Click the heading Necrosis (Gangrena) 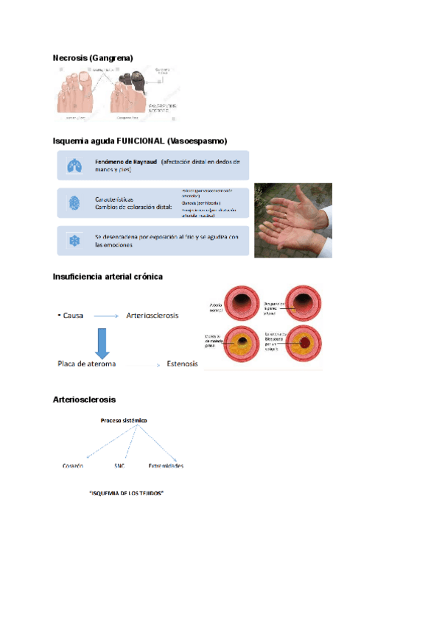click(93, 57)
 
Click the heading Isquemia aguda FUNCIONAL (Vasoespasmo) click(140, 141)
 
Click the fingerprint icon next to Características click(74, 203)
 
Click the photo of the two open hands click(292, 220)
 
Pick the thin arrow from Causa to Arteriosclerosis click(106, 316)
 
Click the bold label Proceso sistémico click(124, 420)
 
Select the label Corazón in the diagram click(73, 467)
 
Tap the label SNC click(120, 467)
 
